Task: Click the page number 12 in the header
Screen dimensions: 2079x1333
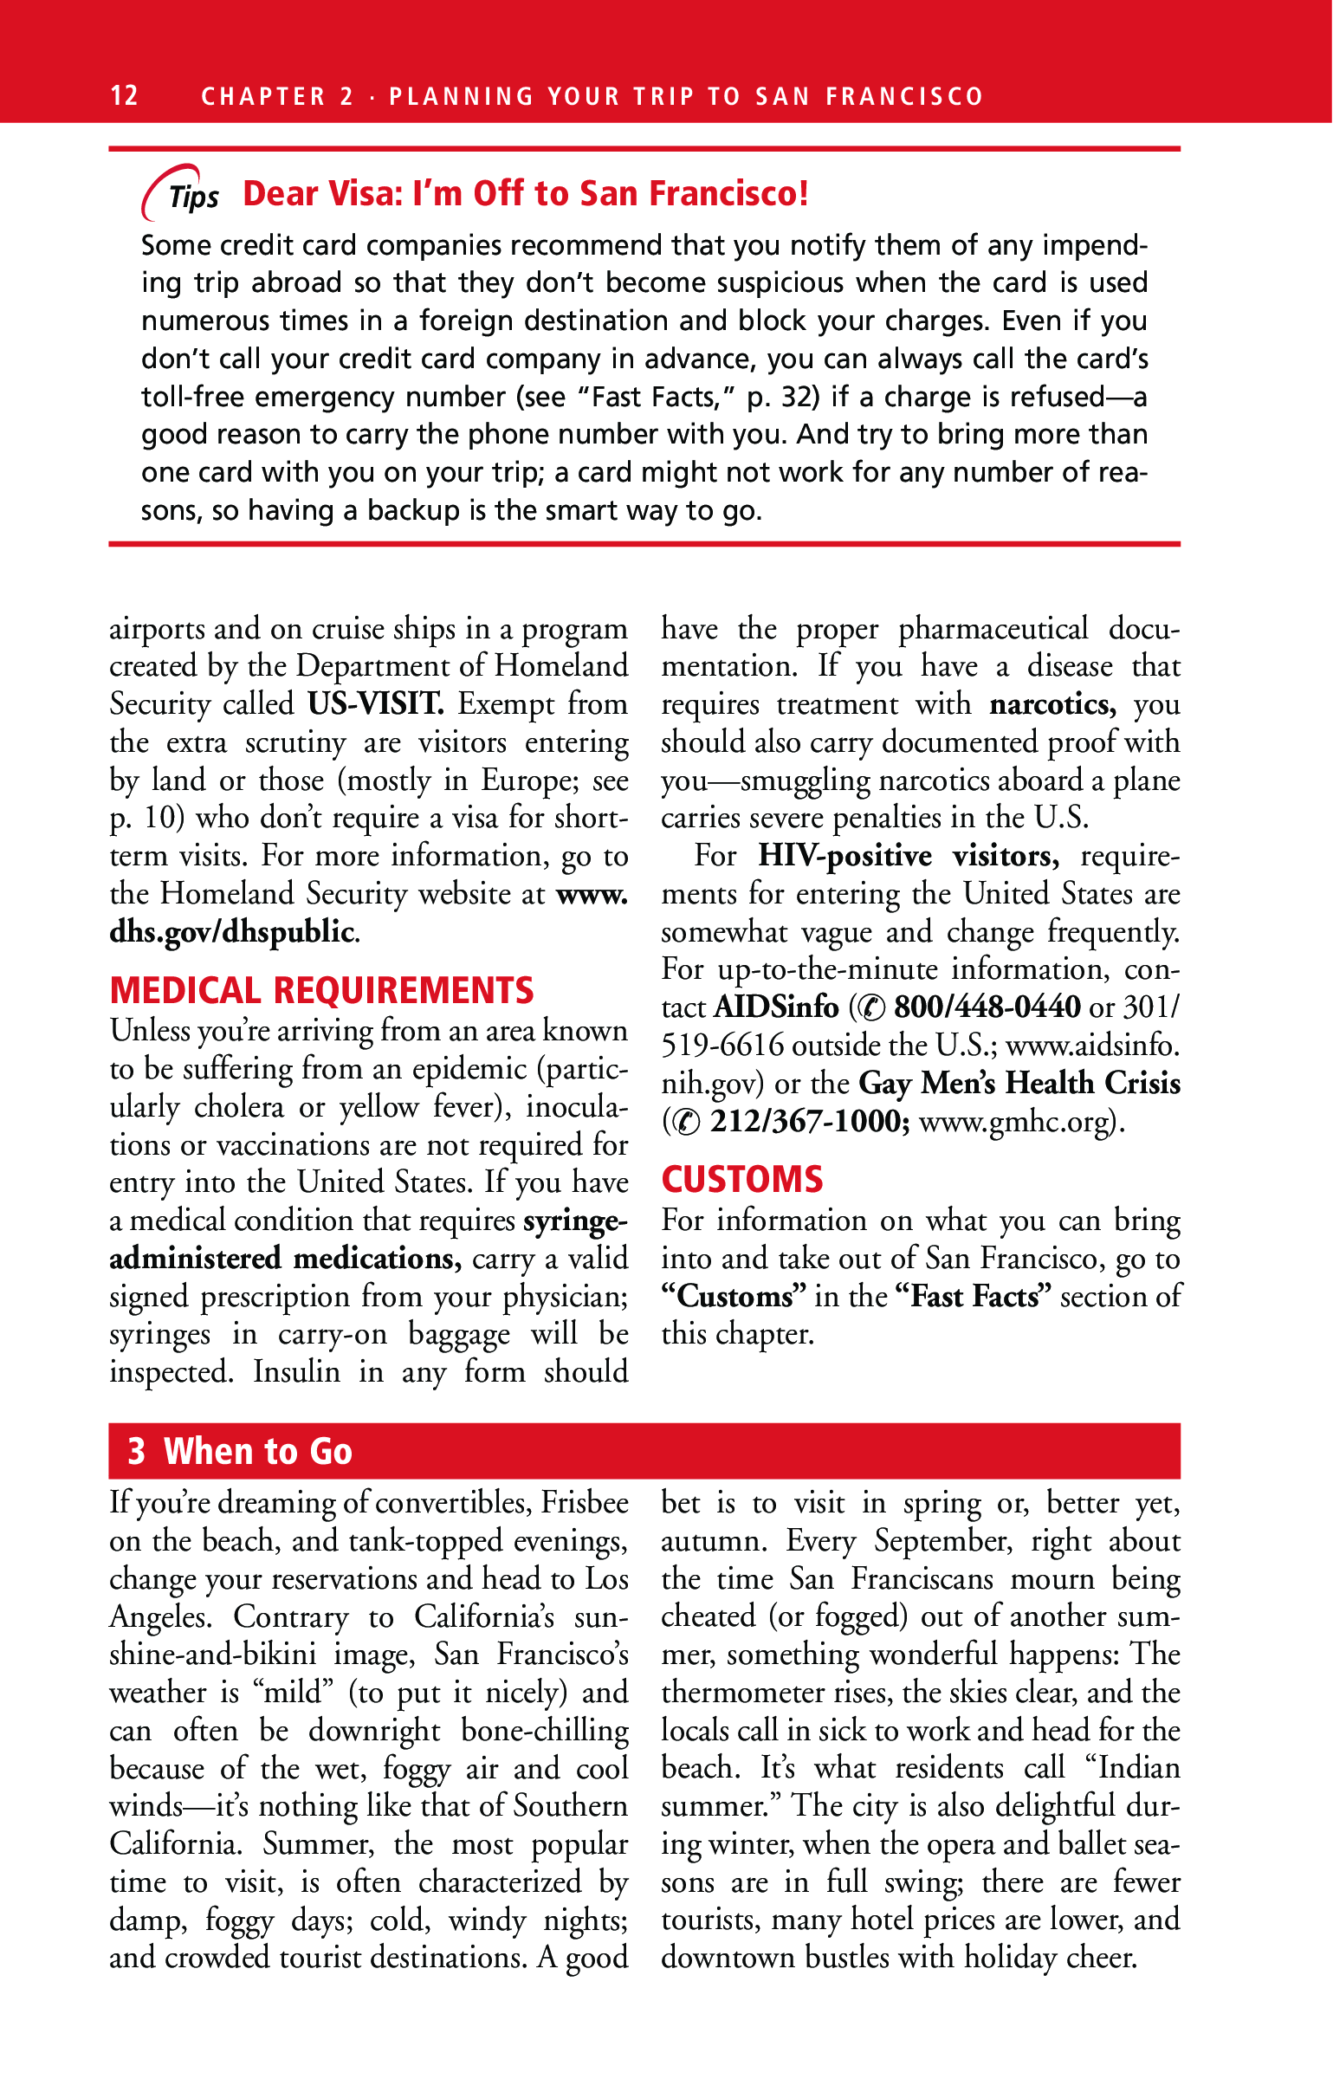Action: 124,95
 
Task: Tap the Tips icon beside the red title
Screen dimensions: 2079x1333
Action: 180,193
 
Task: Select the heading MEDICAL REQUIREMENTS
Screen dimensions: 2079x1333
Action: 321,990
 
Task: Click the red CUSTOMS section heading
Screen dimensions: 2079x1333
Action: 742,1180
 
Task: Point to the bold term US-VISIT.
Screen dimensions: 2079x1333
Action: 376,703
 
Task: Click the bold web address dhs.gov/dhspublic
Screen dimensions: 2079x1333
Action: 232,931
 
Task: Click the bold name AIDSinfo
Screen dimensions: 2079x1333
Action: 776,1007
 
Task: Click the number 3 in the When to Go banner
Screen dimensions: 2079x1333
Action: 136,1451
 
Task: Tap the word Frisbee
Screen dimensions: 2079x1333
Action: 585,1502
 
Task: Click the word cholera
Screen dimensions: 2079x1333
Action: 239,1106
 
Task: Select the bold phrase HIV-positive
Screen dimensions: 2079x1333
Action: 844,856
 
